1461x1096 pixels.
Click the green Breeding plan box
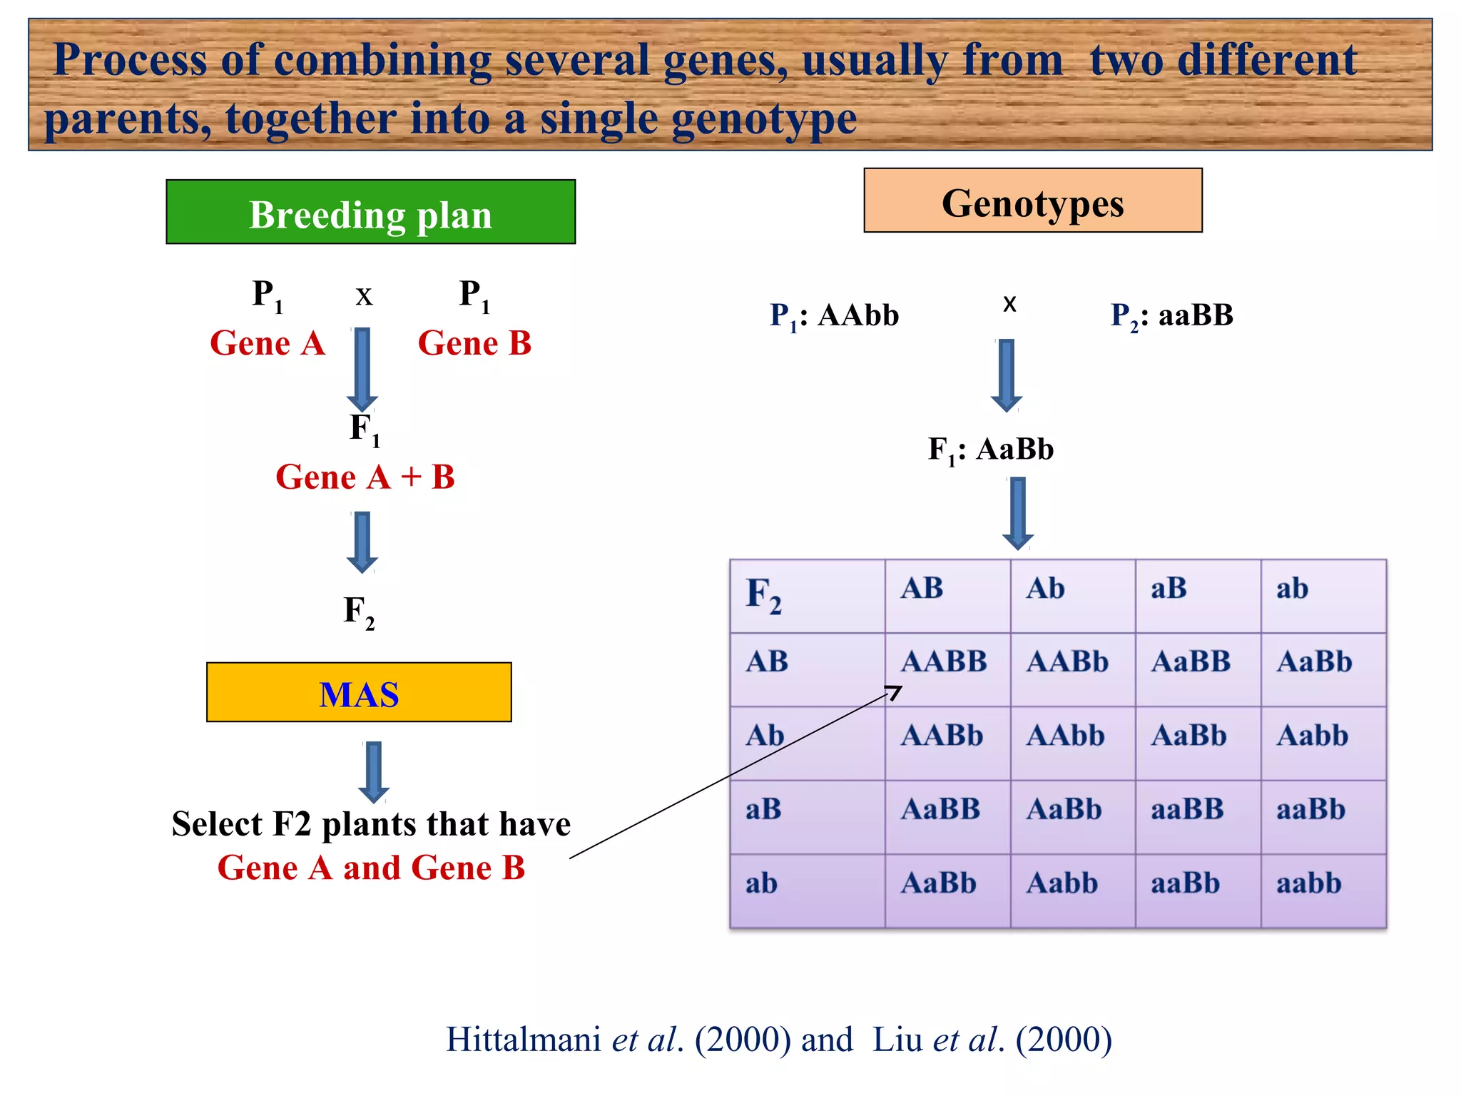[370, 212]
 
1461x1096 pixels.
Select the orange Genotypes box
[1032, 201]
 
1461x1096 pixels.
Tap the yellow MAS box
[359, 692]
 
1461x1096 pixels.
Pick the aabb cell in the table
[1309, 883]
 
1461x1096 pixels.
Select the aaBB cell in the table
[1187, 810]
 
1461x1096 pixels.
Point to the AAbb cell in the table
[1065, 736]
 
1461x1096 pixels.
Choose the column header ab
[1292, 589]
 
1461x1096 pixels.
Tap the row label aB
[764, 810]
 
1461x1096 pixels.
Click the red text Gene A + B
[365, 477]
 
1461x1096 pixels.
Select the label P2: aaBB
[1171, 315]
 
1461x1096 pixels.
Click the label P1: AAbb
[834, 315]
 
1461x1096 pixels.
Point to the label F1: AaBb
[990, 450]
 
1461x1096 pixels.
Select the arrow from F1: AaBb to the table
[1018, 513]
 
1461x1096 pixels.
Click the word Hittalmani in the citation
[523, 1040]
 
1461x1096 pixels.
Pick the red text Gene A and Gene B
[371, 868]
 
